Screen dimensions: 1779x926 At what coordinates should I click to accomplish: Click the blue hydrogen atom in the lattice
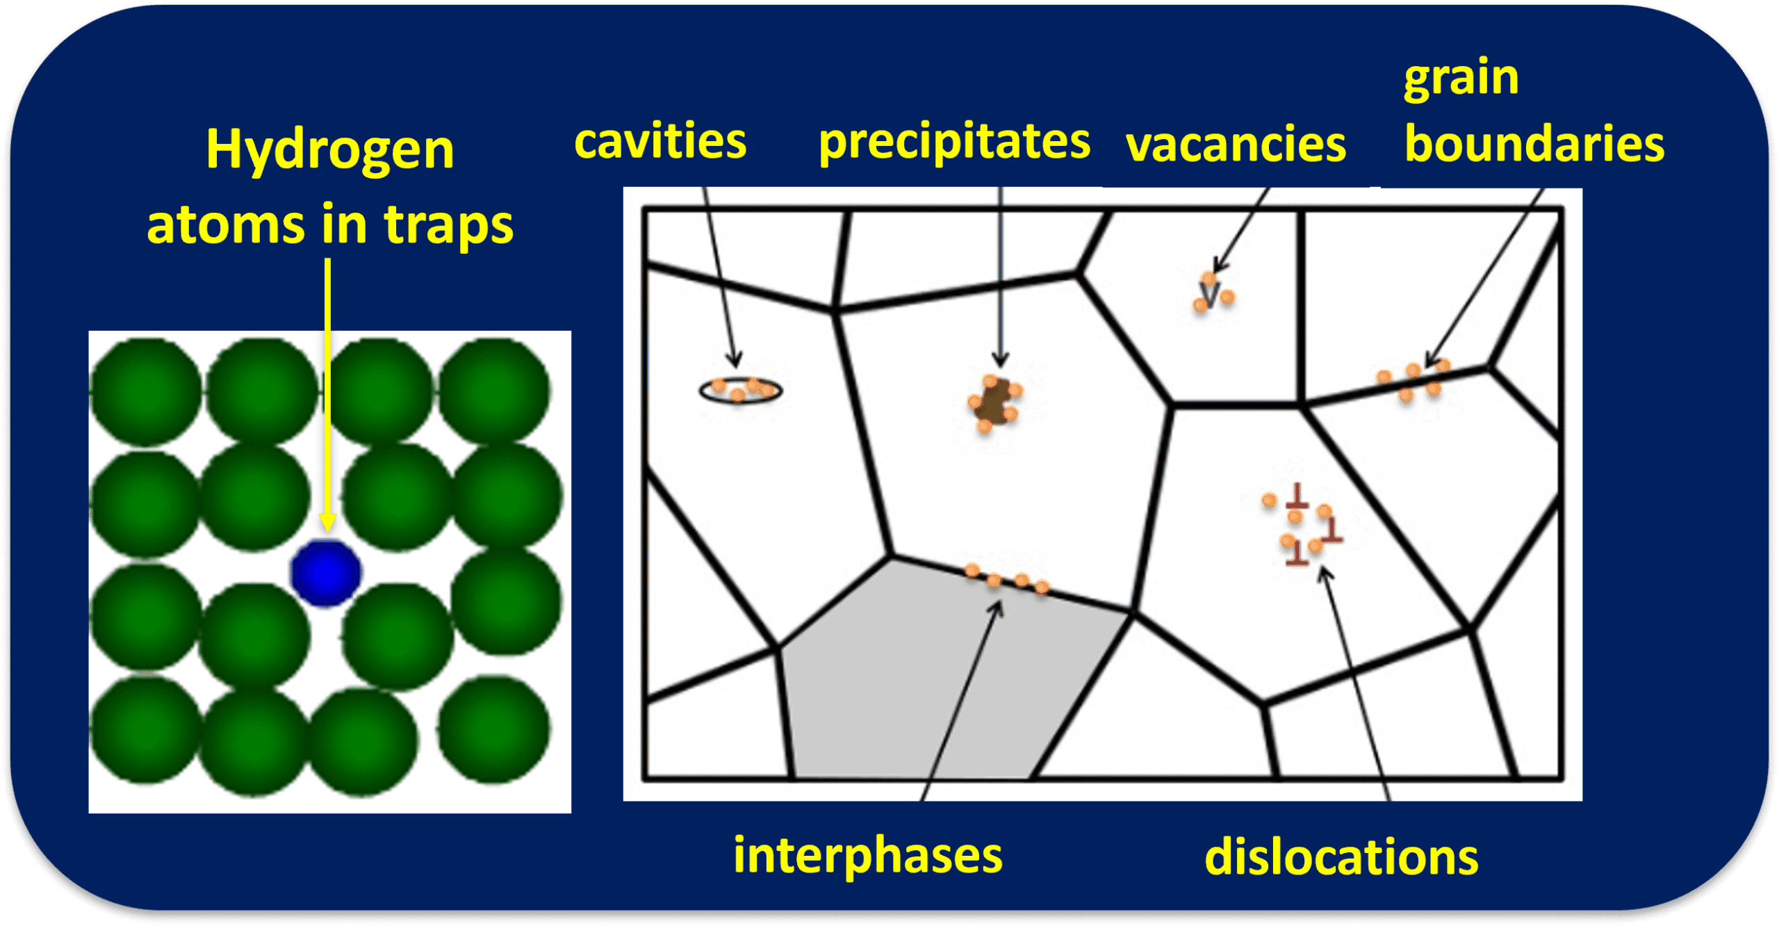pyautogui.click(x=325, y=572)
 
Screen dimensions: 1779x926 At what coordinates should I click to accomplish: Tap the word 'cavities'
pyautogui.click(x=660, y=141)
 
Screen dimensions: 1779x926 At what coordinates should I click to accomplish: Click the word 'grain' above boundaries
pyautogui.click(x=1461, y=79)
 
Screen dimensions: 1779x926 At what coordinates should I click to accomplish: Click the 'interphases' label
pyautogui.click(x=868, y=854)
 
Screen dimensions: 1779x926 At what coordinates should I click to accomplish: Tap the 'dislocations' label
pyautogui.click(x=1341, y=856)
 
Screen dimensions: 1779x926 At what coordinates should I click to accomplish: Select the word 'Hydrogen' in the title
pyautogui.click(x=330, y=151)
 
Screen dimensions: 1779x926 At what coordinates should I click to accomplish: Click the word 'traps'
pyautogui.click(x=448, y=226)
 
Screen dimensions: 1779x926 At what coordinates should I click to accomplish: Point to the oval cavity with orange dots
pyautogui.click(x=740, y=390)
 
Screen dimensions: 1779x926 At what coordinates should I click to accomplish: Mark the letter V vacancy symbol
pyautogui.click(x=1210, y=294)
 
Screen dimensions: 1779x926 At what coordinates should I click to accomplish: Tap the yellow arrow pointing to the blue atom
pyautogui.click(x=327, y=395)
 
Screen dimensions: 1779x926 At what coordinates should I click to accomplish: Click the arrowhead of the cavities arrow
pyautogui.click(x=735, y=359)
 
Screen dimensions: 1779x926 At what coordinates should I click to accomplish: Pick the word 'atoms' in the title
pyautogui.click(x=226, y=225)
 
